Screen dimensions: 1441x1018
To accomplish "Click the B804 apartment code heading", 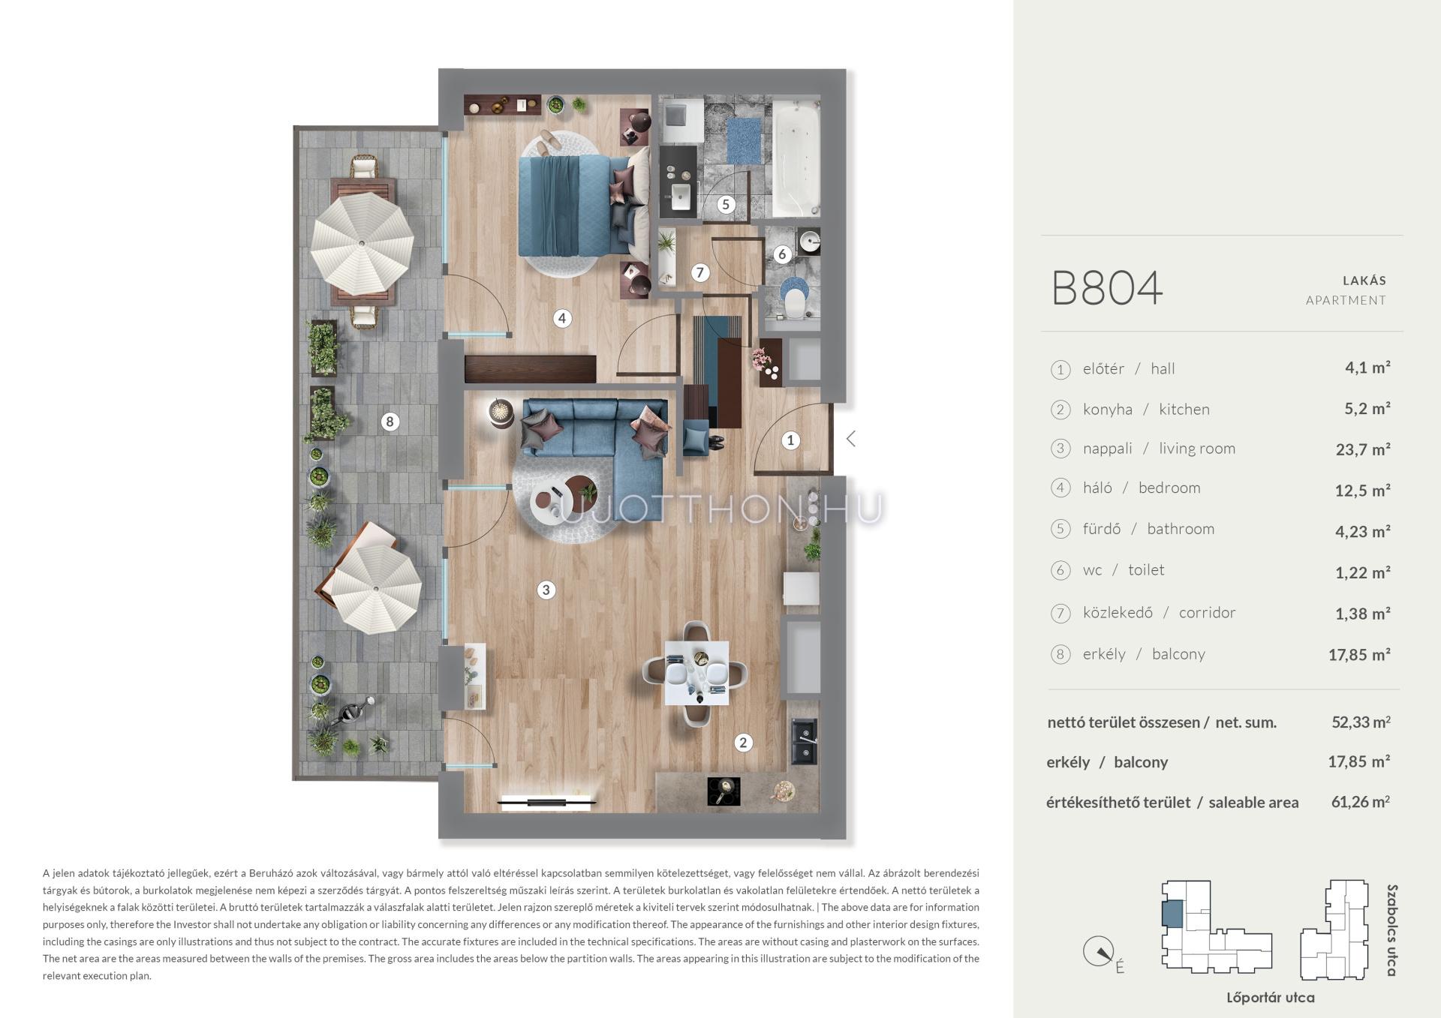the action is pyautogui.click(x=1107, y=288).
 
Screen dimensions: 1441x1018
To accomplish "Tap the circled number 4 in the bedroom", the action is pyautogui.click(x=562, y=318).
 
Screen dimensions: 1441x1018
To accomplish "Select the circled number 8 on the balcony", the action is pyautogui.click(x=390, y=422).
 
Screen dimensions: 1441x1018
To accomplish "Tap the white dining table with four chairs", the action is pyautogui.click(x=697, y=673).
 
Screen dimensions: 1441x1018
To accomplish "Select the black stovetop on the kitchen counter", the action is pyautogui.click(x=724, y=791).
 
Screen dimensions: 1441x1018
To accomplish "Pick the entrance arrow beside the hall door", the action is pyautogui.click(x=850, y=439).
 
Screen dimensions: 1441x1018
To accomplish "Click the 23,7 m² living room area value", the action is pyautogui.click(x=1363, y=449).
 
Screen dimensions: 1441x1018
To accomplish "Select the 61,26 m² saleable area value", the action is pyautogui.click(x=1361, y=802).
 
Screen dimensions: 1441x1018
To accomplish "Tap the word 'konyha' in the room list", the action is pyautogui.click(x=1107, y=410).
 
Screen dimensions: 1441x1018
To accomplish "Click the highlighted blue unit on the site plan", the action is pyautogui.click(x=1171, y=914).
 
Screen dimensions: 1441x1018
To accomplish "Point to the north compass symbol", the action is pyautogui.click(x=1098, y=952).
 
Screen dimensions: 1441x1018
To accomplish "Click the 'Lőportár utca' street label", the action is pyautogui.click(x=1271, y=998).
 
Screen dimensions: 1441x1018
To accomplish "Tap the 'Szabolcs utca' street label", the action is pyautogui.click(x=1391, y=930).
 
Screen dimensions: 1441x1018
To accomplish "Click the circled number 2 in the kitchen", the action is pyautogui.click(x=743, y=743).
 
